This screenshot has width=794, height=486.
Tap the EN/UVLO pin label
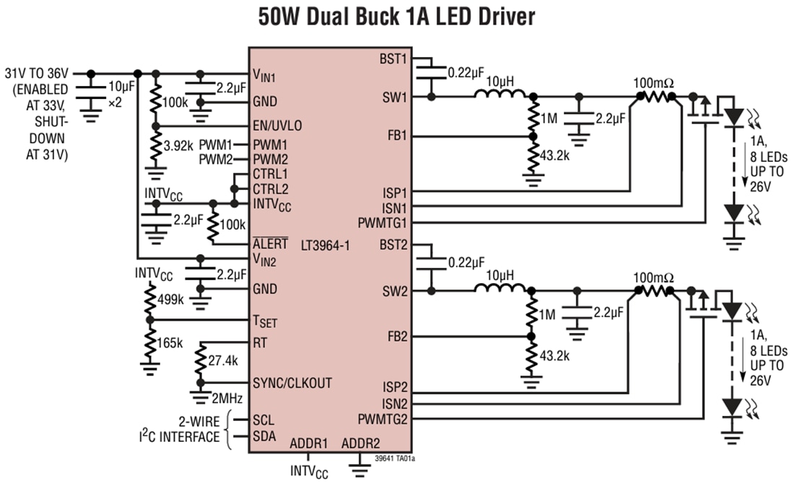277,126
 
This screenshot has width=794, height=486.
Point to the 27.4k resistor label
223,360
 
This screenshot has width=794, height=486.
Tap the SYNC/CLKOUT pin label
292,383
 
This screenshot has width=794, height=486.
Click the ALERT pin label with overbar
270,244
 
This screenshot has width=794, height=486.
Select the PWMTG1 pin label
383,221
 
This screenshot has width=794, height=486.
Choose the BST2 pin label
393,245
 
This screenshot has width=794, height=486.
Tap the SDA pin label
263,437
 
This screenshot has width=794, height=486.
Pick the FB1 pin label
396,135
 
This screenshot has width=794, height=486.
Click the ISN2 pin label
394,404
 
